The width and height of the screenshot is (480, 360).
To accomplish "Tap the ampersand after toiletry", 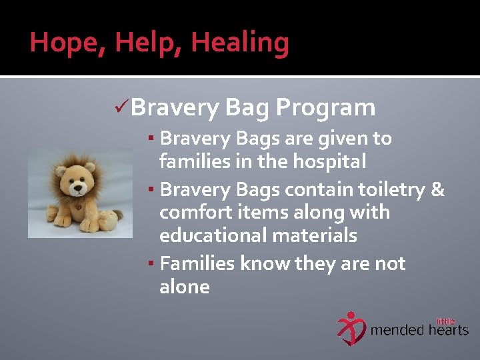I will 437,189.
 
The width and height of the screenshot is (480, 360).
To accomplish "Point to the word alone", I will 185,287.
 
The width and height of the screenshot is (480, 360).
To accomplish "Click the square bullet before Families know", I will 152,264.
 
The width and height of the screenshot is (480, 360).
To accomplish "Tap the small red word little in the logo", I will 445,321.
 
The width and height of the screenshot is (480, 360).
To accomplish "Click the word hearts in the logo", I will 449,330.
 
